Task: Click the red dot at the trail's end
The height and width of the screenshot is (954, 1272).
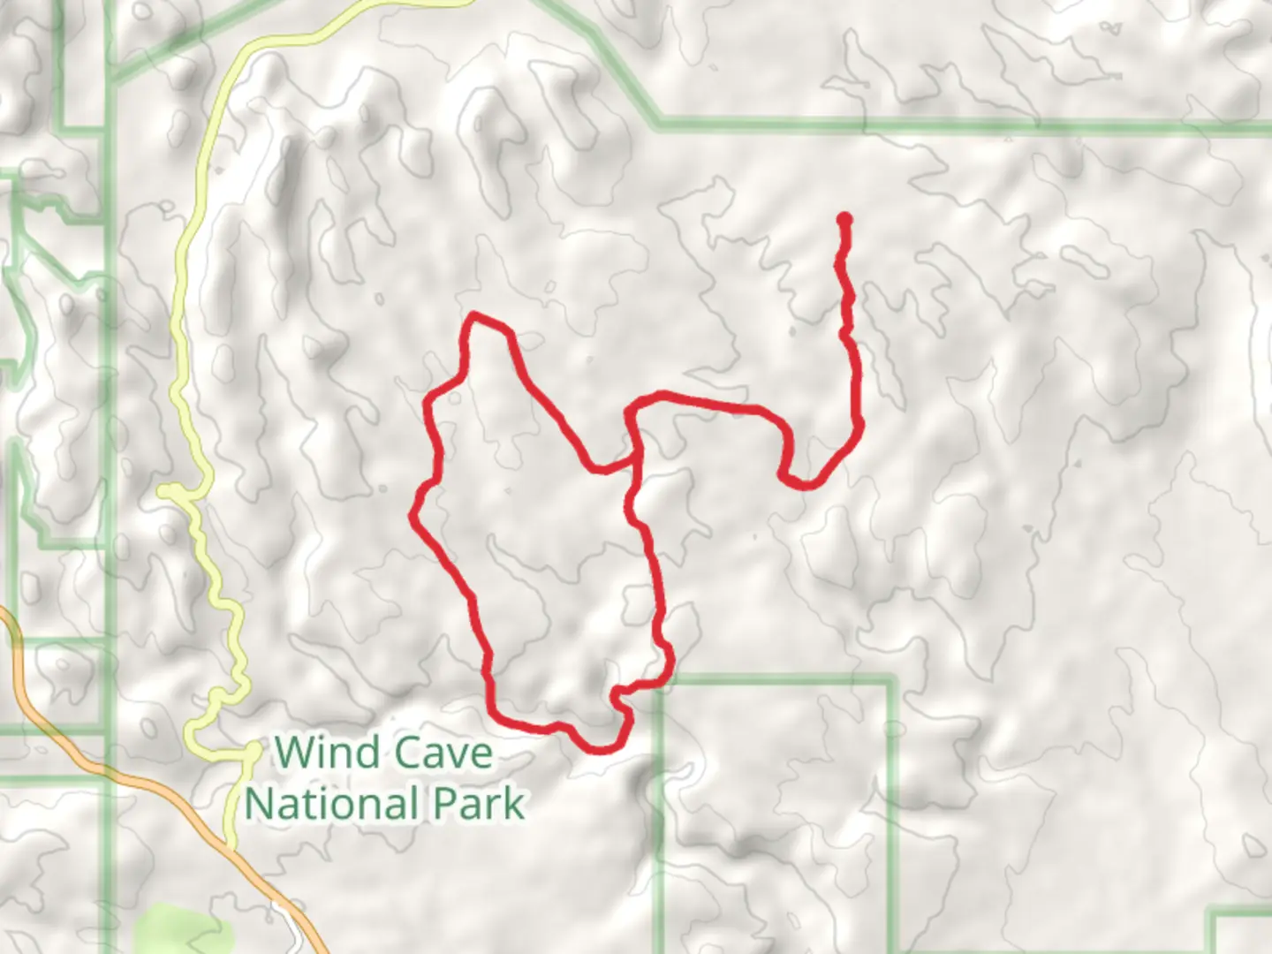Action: (844, 219)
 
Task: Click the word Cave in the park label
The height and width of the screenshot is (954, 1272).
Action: (443, 753)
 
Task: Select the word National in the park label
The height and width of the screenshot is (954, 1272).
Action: (332, 804)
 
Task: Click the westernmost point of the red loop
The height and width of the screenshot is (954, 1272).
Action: (413, 515)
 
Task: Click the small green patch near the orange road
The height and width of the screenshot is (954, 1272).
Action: (181, 927)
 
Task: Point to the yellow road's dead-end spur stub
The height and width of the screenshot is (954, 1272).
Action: (164, 490)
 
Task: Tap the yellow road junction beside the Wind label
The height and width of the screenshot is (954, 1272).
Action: (253, 750)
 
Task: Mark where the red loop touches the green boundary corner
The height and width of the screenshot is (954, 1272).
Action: (658, 681)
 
